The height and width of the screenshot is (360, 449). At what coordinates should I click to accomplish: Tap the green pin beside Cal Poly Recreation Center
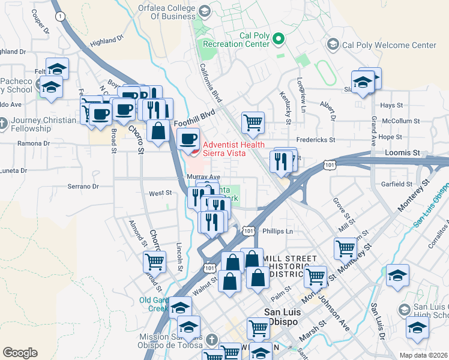click(278, 40)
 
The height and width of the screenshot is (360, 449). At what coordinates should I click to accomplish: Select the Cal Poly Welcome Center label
click(388, 45)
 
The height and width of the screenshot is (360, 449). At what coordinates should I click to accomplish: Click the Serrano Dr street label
click(82, 187)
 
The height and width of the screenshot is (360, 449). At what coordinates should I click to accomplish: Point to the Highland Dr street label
click(106, 39)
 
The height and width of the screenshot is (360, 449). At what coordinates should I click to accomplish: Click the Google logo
click(20, 353)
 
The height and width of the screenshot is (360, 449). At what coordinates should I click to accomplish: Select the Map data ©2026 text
click(423, 355)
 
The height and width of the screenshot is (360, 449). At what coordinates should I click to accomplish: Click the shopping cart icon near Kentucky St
click(253, 122)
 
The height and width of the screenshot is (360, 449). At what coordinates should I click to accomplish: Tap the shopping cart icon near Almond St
click(154, 261)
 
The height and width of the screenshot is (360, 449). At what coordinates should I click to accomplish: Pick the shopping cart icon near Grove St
click(345, 247)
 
